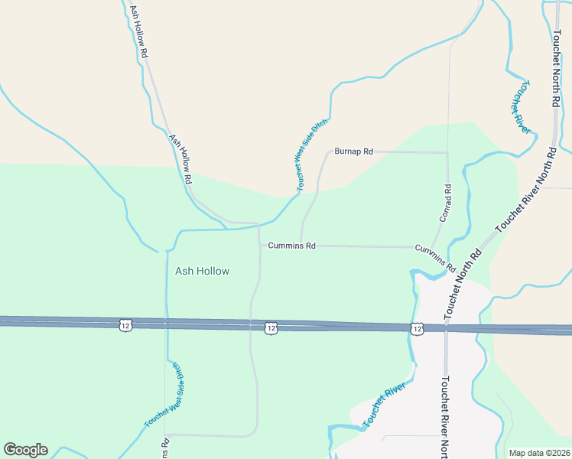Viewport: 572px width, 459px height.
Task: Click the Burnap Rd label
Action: pos(353,151)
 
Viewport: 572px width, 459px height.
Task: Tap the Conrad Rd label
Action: pos(446,203)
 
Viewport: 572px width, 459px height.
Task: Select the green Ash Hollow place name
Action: pos(202,271)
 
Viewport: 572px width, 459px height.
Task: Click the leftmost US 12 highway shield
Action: pos(125,326)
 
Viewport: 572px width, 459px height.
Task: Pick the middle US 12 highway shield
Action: pos(271,327)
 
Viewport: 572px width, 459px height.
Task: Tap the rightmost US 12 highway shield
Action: pos(415,328)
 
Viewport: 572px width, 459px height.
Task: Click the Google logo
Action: pos(25,450)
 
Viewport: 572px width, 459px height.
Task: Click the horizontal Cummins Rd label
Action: pos(291,246)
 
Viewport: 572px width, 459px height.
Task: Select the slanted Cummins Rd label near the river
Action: pos(435,259)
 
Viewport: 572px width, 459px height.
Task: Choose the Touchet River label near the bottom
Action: pos(383,407)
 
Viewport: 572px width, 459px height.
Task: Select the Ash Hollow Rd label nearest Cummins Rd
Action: pos(180,159)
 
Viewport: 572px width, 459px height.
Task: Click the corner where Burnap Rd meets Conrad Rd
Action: pos(447,152)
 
